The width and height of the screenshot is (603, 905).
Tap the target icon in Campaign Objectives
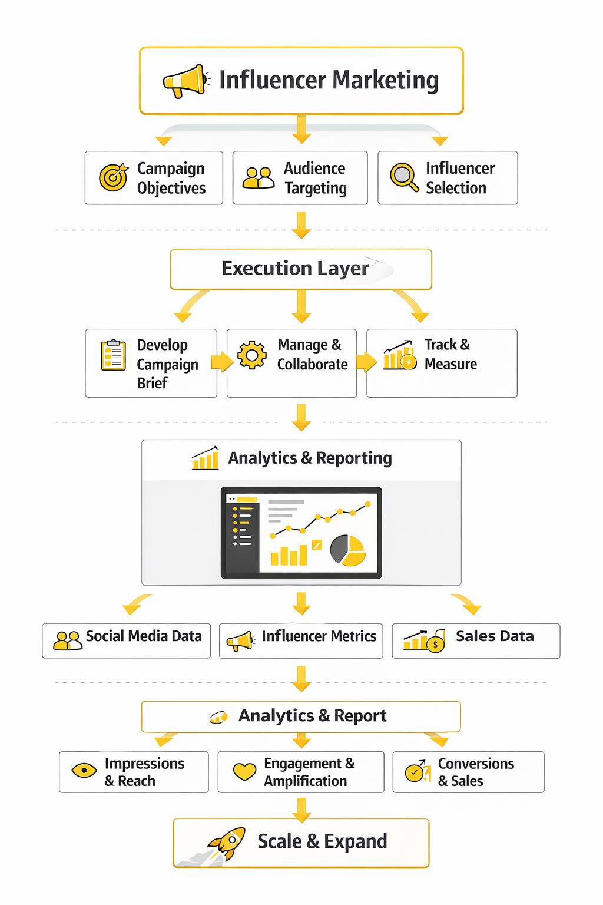click(x=114, y=177)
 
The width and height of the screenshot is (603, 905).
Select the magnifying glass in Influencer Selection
click(x=404, y=177)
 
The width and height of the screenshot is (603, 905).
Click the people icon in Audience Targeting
click(x=259, y=178)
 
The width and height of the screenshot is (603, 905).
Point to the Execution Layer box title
click(x=295, y=268)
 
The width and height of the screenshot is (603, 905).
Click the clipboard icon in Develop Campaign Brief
click(x=113, y=355)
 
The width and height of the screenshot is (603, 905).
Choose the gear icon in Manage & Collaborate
click(x=252, y=355)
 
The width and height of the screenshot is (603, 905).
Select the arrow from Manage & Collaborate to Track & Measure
click(x=366, y=361)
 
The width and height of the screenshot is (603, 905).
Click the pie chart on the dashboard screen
click(x=348, y=550)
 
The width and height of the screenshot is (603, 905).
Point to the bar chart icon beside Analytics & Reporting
click(x=206, y=458)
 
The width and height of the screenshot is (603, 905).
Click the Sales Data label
click(x=495, y=636)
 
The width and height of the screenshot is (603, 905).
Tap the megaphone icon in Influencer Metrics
click(x=241, y=641)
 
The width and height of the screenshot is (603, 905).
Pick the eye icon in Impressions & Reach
click(x=84, y=771)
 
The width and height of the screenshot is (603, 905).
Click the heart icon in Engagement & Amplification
click(x=245, y=772)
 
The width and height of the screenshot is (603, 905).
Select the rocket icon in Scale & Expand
click(x=227, y=844)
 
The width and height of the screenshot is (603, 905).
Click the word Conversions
click(x=476, y=764)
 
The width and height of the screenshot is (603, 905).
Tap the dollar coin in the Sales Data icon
click(x=435, y=645)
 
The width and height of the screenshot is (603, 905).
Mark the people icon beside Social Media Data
click(x=68, y=640)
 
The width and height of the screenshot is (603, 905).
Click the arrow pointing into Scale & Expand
click(x=301, y=810)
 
